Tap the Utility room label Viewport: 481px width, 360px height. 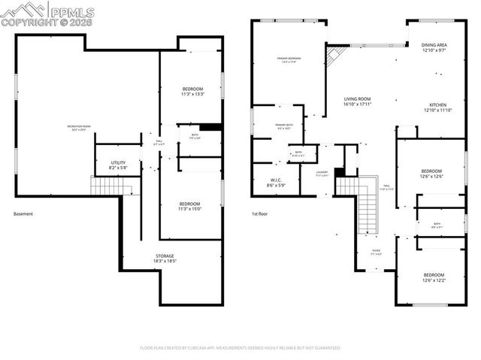pos(118,165)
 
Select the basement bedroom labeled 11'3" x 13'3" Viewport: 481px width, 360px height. pos(192,92)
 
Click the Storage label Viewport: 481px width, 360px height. pos(165,259)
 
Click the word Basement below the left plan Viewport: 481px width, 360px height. pos(23,214)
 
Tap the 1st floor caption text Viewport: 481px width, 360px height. pos(261,214)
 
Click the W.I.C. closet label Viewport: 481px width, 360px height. pos(276,182)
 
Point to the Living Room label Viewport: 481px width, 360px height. pos(358,101)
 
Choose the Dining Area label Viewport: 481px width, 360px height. pos(434,47)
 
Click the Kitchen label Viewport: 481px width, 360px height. pos(437,107)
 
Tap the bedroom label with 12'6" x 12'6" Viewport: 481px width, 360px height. pos(432,174)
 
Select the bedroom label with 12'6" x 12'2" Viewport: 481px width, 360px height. pos(433,277)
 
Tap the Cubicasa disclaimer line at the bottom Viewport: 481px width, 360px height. pos(240,348)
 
